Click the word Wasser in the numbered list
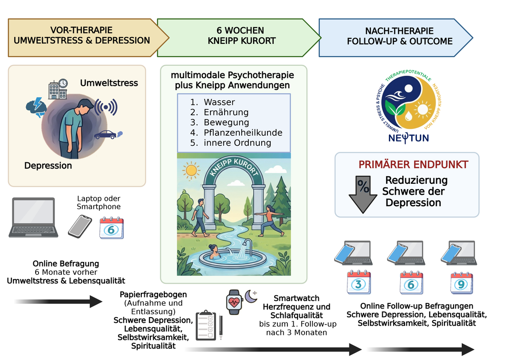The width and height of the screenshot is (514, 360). [x=219, y=102]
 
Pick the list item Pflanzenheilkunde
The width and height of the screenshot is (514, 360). [x=243, y=132]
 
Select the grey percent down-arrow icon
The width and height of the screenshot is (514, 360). [x=363, y=193]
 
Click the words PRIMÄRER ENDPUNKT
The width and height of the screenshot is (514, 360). [x=413, y=165]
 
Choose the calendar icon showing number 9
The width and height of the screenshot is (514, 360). [x=461, y=283]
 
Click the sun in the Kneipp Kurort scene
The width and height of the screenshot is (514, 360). [x=192, y=170]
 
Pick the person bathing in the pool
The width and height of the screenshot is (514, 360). [x=213, y=251]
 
